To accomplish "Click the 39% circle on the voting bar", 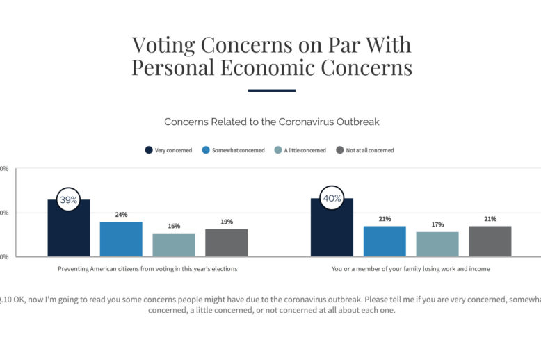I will pos(68,199).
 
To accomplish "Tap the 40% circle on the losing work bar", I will pos(332,198).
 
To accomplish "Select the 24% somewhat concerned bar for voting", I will pos(121,238).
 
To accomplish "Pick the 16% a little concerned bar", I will pos(174,245).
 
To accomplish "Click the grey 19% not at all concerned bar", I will pos(226,243).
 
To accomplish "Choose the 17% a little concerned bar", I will pos(437,244).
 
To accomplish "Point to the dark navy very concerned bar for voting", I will pos(68,233).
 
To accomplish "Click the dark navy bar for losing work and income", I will pos(332,233).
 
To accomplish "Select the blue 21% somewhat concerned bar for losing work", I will pos(385,240).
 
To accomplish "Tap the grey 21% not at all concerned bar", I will pos(490,240).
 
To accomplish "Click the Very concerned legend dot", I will pos(149,150).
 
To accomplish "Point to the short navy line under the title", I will pos(271,90).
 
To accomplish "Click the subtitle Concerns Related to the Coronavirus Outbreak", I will pos(271,122).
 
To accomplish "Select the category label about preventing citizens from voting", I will pos(147,268).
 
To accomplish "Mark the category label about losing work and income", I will pos(411,268).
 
